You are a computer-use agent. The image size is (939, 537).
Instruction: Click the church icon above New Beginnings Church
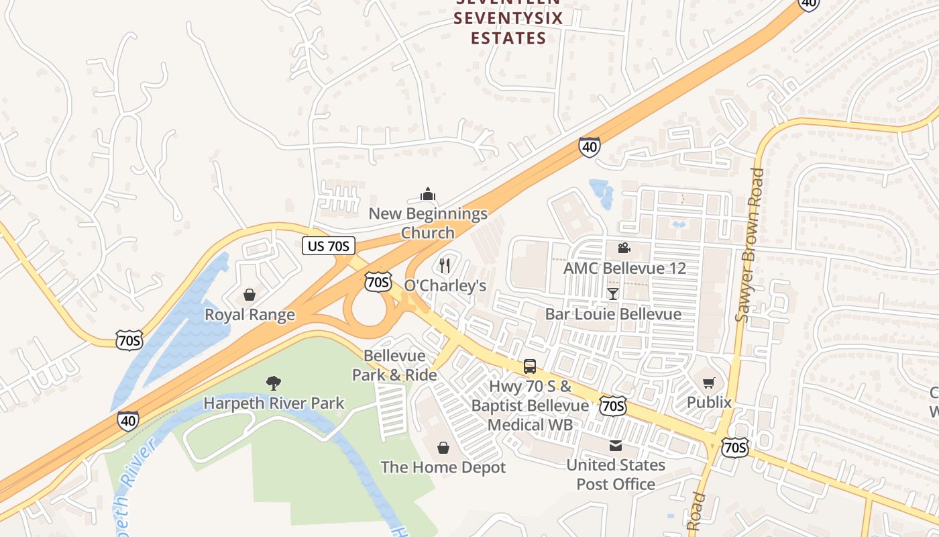428,195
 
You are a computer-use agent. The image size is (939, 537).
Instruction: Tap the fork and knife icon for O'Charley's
445,266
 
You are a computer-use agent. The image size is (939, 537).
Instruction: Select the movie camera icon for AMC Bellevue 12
624,248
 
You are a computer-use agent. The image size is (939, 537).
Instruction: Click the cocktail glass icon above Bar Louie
613,294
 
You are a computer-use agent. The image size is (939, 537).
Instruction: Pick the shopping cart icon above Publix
709,383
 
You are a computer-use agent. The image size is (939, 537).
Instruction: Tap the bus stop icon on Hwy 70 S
530,367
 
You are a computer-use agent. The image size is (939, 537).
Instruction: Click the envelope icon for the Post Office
616,446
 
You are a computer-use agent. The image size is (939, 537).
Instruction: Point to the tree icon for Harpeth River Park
273,383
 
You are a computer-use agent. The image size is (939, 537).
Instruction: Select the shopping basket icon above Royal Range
250,295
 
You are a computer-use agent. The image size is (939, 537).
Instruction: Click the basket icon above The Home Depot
443,447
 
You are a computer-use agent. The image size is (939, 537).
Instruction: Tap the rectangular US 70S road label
328,246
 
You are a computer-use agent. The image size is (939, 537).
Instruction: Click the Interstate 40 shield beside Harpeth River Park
128,421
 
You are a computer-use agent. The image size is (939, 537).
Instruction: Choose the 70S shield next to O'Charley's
378,281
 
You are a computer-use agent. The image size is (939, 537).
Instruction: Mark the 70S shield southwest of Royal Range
128,340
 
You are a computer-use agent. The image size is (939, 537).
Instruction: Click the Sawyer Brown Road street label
749,245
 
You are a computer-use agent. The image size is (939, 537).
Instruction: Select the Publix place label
709,402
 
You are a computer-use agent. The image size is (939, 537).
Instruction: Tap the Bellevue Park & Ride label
395,365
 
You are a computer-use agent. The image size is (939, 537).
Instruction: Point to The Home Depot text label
443,467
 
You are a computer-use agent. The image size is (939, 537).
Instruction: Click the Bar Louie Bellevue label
613,314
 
